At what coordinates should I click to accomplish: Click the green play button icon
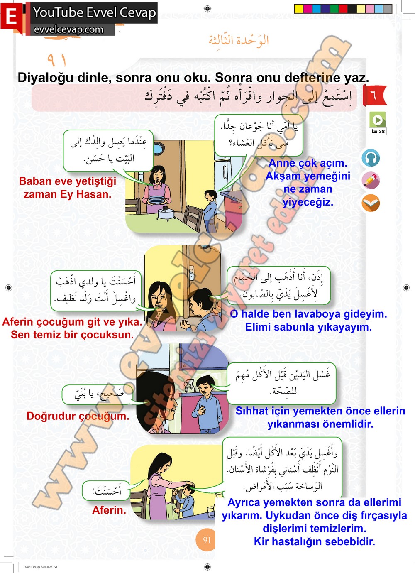[378, 120]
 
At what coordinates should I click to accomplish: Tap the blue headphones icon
[370, 158]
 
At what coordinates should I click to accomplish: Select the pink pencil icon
[370, 181]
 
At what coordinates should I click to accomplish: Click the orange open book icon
[370, 203]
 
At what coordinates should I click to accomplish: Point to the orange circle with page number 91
[207, 540]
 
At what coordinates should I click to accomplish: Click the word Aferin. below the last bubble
[109, 510]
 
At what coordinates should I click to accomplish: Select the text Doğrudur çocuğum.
[78, 416]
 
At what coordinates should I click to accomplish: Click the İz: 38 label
[378, 132]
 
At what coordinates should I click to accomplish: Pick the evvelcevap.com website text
[68, 30]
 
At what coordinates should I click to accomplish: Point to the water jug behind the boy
[190, 386]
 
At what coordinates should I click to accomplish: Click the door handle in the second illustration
[192, 273]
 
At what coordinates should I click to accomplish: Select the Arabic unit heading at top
[239, 40]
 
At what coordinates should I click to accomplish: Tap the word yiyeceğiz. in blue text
[308, 202]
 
